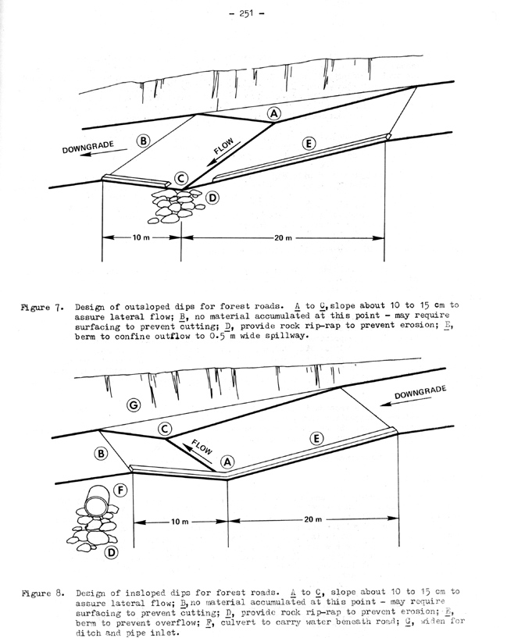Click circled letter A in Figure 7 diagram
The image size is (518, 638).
(273, 113)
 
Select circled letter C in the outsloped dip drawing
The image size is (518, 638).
(181, 179)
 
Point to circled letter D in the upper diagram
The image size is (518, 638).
(212, 198)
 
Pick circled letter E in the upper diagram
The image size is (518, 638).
(308, 143)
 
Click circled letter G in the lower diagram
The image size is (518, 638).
(134, 405)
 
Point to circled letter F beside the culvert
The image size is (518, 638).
(120, 491)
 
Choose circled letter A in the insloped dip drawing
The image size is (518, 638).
(227, 462)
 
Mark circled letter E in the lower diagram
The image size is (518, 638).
(316, 438)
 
